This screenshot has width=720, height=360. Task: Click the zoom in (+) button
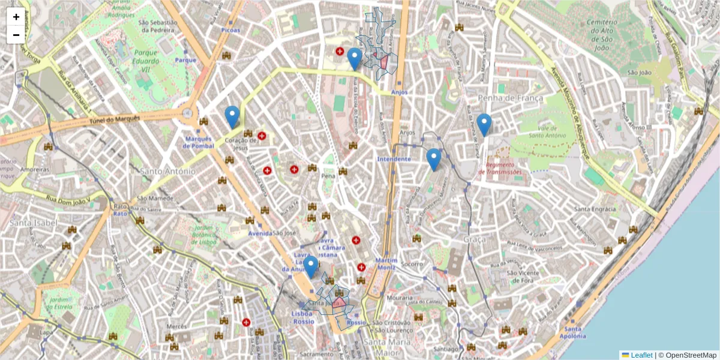(x=16, y=17)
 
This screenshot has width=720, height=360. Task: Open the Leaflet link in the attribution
(x=641, y=355)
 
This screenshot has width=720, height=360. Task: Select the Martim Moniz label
(x=386, y=263)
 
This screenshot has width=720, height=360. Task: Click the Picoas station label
(x=230, y=30)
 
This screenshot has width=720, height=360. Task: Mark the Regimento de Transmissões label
(x=500, y=168)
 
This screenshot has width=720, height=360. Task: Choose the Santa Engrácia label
(x=595, y=209)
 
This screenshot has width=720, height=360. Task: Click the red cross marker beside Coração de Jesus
(x=262, y=136)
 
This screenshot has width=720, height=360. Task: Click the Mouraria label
(x=400, y=298)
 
